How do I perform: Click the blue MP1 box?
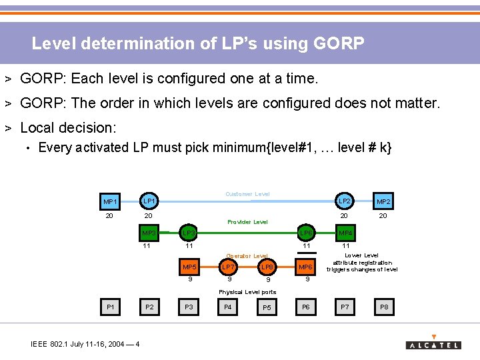(x=110, y=201)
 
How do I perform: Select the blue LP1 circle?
(x=149, y=201)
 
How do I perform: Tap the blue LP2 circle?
(x=344, y=201)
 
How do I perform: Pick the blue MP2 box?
(x=383, y=201)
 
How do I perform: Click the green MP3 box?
(x=149, y=233)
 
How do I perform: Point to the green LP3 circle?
(x=189, y=233)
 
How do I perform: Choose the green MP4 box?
(x=346, y=233)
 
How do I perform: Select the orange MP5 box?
(x=189, y=267)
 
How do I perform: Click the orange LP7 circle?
(x=228, y=267)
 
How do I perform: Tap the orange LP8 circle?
(x=267, y=267)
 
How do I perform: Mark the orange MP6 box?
(x=306, y=267)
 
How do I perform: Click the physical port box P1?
(x=110, y=307)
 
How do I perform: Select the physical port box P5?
(x=267, y=307)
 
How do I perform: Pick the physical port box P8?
(x=383, y=307)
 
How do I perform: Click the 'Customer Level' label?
(x=247, y=194)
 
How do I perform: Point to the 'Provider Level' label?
(x=247, y=222)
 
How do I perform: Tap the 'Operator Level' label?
(x=247, y=255)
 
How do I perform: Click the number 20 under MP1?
(x=109, y=216)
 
